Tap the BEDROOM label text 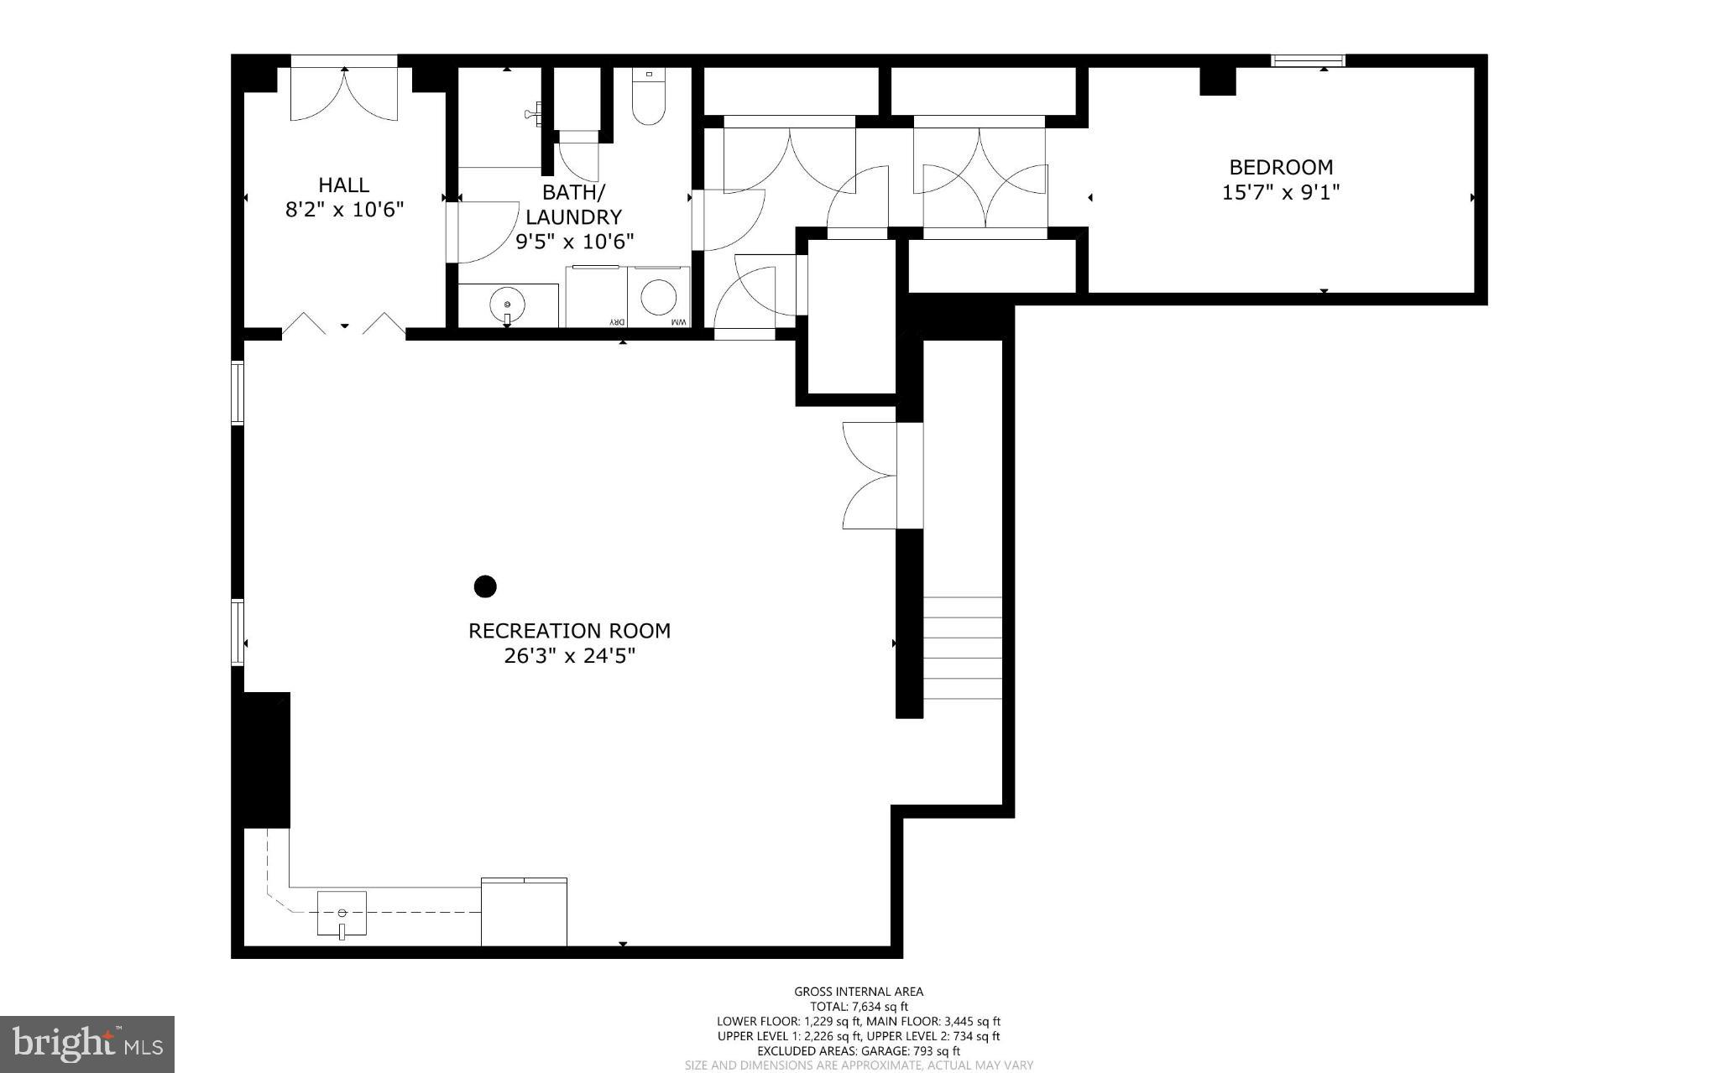(1280, 167)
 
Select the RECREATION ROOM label (569, 631)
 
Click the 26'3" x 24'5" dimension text (569, 656)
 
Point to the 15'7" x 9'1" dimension (1280, 193)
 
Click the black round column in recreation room (485, 586)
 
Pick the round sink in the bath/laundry (507, 304)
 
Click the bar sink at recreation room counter (342, 913)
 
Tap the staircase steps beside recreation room (963, 648)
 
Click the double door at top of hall (343, 93)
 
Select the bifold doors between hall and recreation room (343, 324)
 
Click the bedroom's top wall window (1308, 60)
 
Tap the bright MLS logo (87, 1044)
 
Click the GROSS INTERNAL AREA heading (859, 992)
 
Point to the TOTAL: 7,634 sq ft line (859, 1007)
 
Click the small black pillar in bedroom (1217, 81)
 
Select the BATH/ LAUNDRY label (574, 204)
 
